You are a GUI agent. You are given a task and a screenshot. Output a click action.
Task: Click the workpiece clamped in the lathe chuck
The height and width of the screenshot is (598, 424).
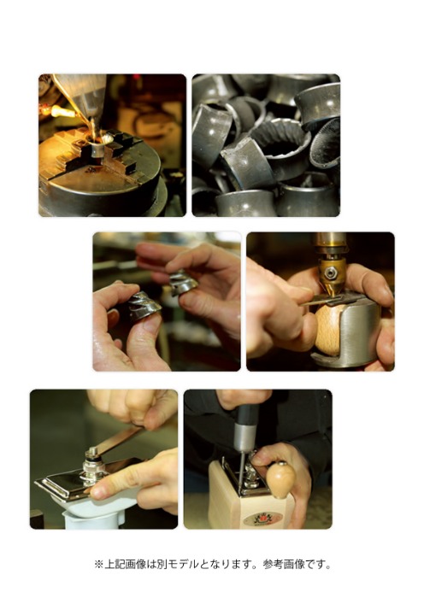pyautogui.click(x=98, y=149)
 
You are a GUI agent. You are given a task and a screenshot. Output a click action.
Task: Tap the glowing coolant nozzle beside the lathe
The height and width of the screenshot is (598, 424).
pyautogui.click(x=61, y=111)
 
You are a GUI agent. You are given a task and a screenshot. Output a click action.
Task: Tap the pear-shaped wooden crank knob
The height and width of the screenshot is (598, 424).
pyautogui.click(x=281, y=480)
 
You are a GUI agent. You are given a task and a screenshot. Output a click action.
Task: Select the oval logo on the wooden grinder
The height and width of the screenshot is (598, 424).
pyautogui.click(x=263, y=519)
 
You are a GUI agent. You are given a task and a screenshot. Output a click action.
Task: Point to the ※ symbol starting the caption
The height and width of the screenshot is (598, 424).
pyautogui.click(x=99, y=564)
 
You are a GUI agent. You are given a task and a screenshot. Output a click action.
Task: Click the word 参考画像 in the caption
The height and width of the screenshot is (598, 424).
pyautogui.click(x=283, y=564)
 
